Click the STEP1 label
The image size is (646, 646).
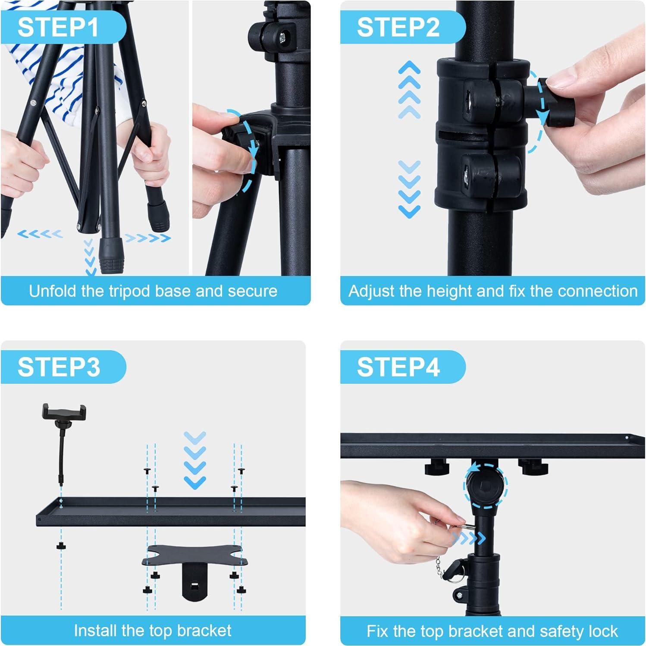pos(58,27)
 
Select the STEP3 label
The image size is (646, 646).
pos(59,367)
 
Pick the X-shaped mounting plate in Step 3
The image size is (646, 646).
pos(195,556)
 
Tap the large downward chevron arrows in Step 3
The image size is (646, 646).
pos(195,460)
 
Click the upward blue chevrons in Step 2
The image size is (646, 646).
pos(409,90)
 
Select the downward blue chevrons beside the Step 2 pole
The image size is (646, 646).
pos(409,189)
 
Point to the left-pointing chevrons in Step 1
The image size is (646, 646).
pos(40,234)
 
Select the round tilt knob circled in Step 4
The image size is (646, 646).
pos(485,486)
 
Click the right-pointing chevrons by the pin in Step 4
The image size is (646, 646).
pos(469,538)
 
